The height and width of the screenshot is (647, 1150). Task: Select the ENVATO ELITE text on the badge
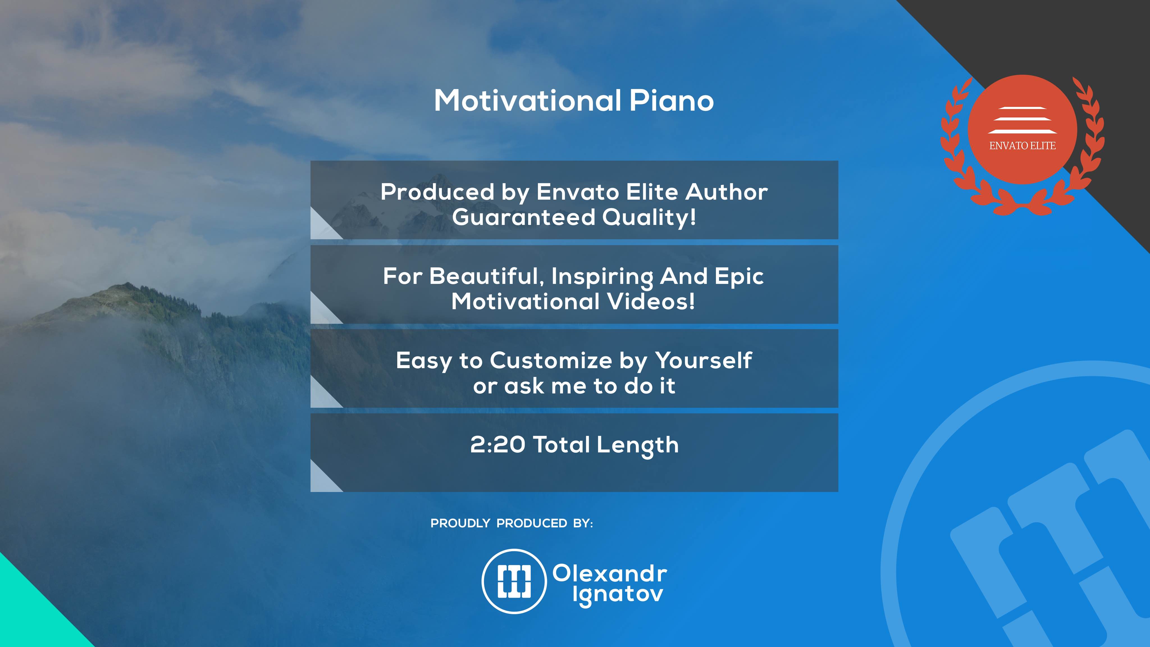coord(1022,145)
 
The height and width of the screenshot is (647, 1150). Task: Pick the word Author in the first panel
coord(726,192)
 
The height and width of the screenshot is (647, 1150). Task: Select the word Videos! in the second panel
coord(651,301)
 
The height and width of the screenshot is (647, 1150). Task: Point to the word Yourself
coord(704,361)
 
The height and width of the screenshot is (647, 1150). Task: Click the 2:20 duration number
coord(498,445)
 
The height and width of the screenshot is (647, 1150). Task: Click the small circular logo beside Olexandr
coord(514,581)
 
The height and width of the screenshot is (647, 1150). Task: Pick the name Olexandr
coord(610,573)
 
